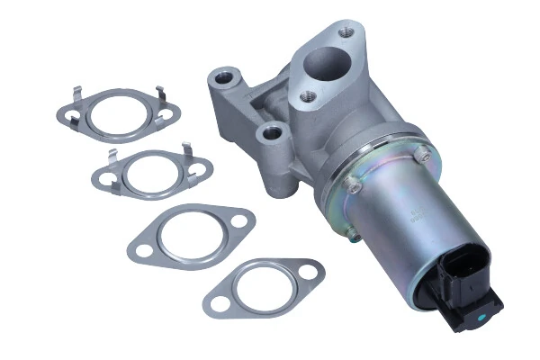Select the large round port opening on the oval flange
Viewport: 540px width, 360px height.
coord(323,64)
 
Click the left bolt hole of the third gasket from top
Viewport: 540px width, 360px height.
coord(142,245)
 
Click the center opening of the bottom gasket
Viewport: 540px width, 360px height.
coord(262,285)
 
